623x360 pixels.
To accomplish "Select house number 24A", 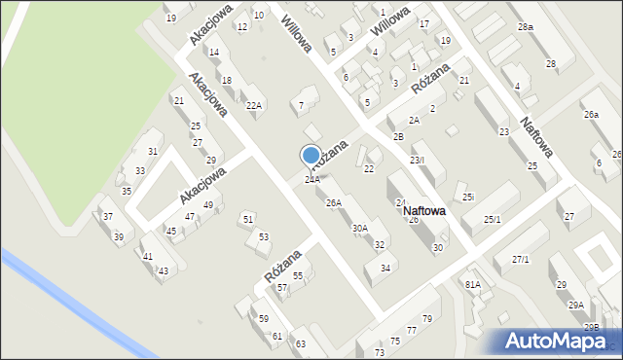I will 312,180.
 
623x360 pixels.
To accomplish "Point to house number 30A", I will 360,229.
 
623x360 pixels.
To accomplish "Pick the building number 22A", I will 253,106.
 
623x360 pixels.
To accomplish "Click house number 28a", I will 526,27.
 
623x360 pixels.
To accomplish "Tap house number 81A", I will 473,284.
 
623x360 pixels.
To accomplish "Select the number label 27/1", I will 520,260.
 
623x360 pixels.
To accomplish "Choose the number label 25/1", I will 493,220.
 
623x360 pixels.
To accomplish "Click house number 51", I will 248,219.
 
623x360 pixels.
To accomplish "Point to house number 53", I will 263,237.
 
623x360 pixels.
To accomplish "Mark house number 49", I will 207,205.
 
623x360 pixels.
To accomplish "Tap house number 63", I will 301,344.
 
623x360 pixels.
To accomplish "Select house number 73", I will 380,353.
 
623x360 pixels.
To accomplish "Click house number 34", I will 385,268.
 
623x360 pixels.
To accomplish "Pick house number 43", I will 163,270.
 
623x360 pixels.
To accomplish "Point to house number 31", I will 153,152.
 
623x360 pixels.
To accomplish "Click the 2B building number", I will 398,136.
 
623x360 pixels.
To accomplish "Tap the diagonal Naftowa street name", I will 537,137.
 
